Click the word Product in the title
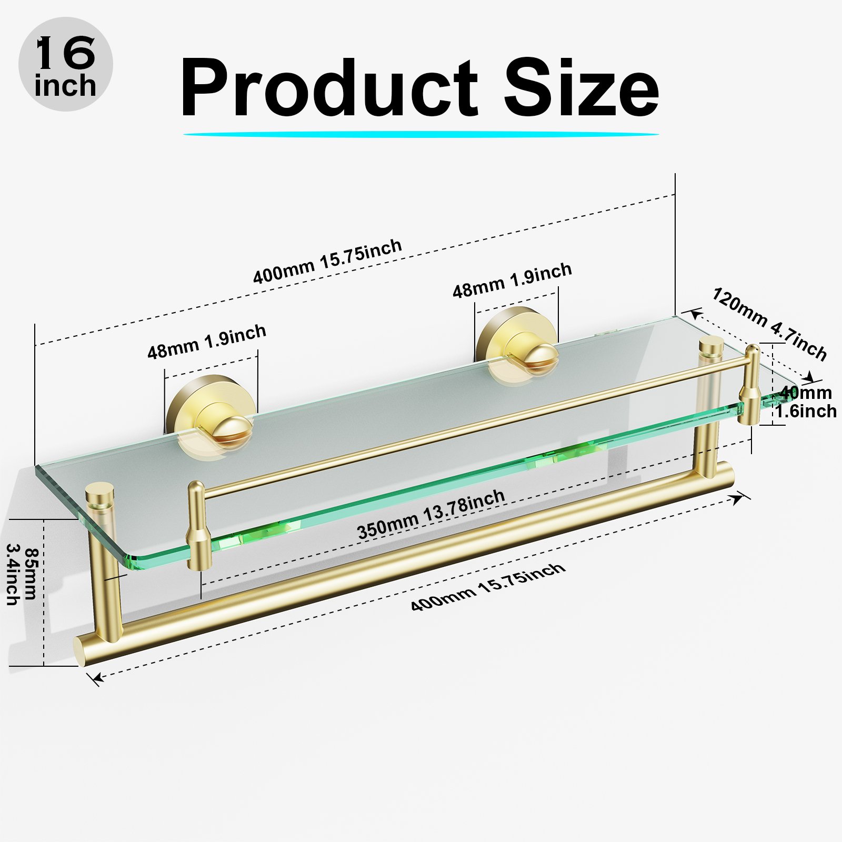coord(328,88)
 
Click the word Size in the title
coord(581,87)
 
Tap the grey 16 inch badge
coord(66,64)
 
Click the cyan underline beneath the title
coord(421,134)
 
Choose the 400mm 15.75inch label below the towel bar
coord(488,587)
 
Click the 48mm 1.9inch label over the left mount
coord(206,342)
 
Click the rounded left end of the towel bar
coord(83,652)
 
